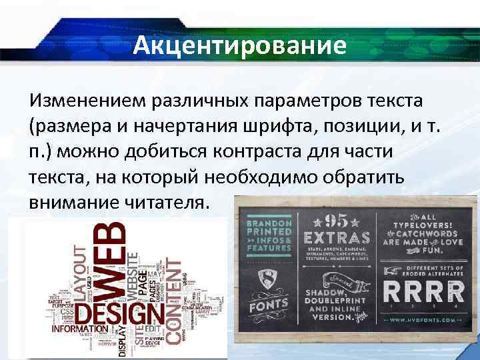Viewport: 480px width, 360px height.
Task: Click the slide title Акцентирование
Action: click(239, 46)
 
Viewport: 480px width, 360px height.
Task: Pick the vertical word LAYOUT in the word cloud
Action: click(80, 266)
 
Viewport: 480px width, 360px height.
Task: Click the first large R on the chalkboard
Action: click(394, 291)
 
